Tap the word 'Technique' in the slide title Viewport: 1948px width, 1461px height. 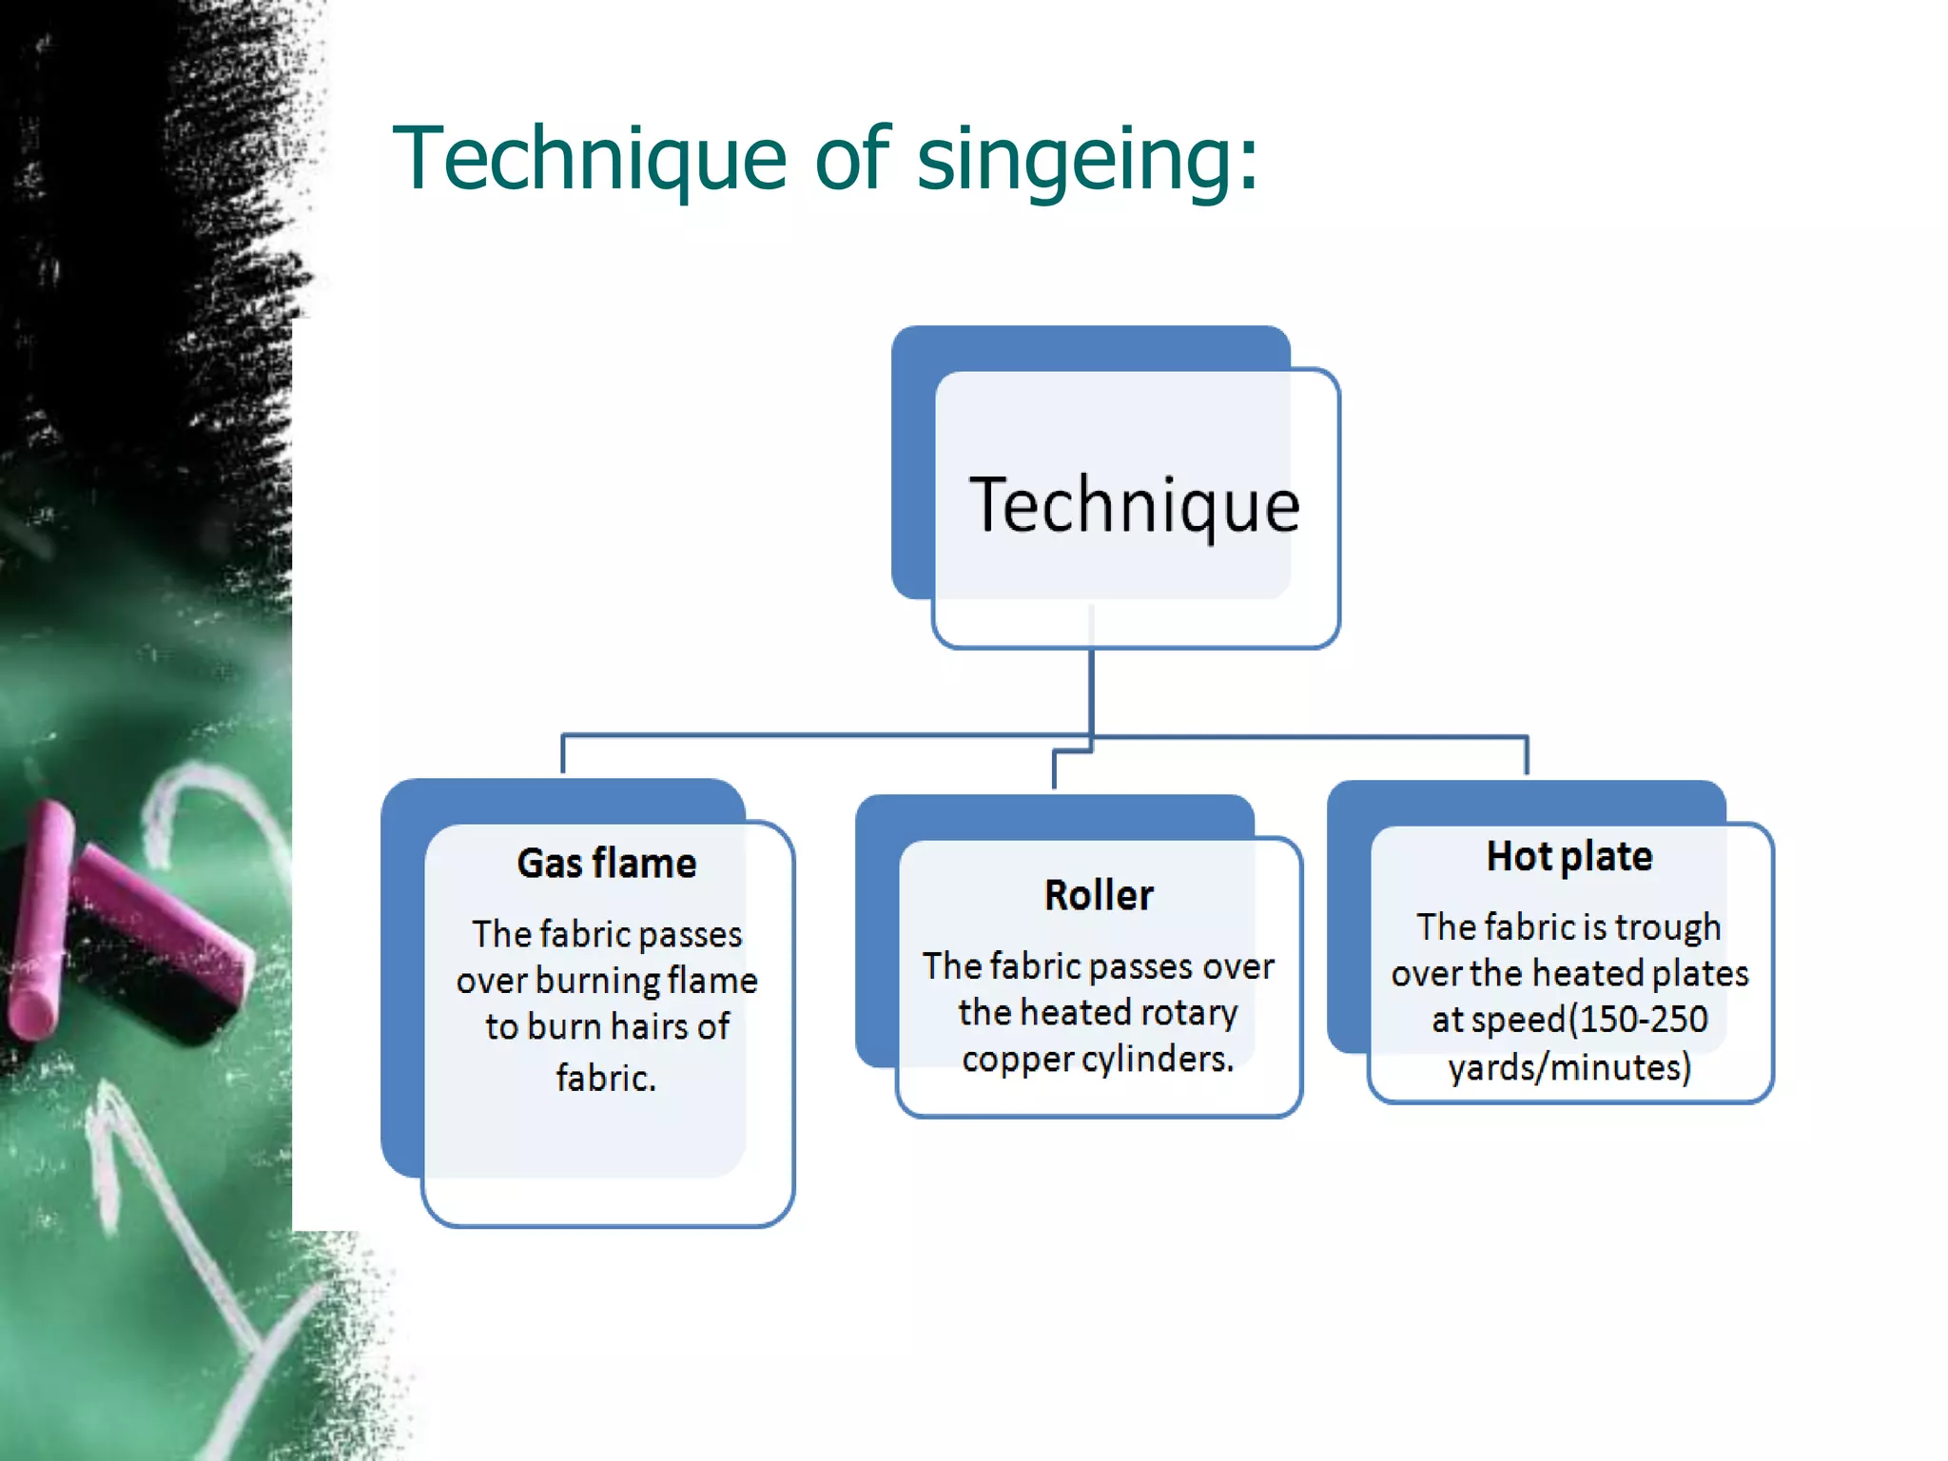(x=590, y=160)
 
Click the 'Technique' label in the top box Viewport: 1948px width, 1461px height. (x=1134, y=506)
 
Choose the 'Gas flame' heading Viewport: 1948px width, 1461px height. (x=607, y=864)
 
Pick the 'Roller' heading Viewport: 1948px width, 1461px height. (x=1099, y=896)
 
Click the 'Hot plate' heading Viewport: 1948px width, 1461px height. (x=1569, y=857)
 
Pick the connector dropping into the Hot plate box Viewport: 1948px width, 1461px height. (x=1527, y=755)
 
